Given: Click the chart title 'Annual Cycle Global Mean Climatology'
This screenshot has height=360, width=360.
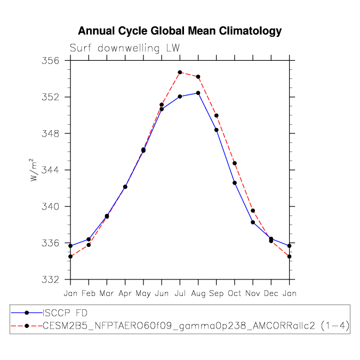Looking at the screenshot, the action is coord(180,31).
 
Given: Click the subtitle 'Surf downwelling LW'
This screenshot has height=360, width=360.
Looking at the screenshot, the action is coord(125,48).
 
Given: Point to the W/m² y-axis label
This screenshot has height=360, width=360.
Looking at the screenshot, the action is coord(34,170).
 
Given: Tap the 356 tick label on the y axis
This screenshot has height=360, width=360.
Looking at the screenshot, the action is coord(50,61).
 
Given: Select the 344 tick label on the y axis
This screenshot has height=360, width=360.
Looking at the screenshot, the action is coord(50,170).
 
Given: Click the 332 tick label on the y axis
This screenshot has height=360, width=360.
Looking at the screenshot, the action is coord(50,279).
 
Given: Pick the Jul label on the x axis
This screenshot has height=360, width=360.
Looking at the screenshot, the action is coord(180,293).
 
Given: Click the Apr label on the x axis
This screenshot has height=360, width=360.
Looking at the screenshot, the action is coord(125,294).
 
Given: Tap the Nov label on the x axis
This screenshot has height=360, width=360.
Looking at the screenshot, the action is coord(253,293).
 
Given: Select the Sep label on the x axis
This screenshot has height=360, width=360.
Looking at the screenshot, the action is coord(217,294).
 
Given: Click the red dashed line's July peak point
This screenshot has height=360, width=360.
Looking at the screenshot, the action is coord(180,73).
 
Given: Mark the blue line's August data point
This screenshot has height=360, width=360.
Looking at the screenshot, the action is coord(198,93).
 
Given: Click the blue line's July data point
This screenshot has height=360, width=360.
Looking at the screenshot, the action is coord(180,97).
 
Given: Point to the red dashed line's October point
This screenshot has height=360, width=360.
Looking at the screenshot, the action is coord(235,163).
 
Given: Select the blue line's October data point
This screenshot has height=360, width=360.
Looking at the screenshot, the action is coord(235,183).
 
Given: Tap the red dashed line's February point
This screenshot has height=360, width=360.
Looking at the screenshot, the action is coord(89,245).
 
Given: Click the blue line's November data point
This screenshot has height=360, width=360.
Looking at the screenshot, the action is coord(253,222).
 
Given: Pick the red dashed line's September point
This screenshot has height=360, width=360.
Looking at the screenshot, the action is coord(217,116).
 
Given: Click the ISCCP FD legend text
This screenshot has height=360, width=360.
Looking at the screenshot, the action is coord(65,313).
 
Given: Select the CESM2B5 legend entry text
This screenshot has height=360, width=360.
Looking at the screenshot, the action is coord(196,326).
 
